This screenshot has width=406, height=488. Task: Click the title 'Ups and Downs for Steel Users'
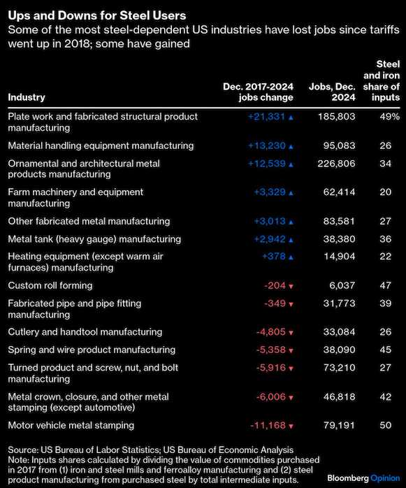pos(97,15)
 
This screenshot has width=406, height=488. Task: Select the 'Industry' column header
pos(27,97)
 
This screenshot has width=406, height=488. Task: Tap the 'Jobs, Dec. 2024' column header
pos(332,92)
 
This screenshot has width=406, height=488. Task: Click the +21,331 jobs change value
pos(267,117)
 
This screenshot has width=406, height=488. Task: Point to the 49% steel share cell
pos(389,117)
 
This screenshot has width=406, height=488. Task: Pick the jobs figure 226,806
pos(336,164)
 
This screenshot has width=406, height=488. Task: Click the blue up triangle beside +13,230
pos(291,146)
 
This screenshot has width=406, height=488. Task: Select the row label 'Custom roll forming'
pos(50,285)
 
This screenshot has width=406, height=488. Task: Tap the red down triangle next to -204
pos(291,287)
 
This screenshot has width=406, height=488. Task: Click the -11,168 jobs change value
pos(268,425)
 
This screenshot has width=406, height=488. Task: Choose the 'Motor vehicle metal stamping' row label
pos(71,425)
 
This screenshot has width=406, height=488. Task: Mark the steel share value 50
pos(386,425)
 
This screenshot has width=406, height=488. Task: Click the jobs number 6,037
pos(342,285)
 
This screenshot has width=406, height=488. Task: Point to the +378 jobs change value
pos(274,257)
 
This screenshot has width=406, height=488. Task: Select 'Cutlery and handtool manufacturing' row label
pos(85,332)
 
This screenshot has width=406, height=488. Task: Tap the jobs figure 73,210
pos(339,368)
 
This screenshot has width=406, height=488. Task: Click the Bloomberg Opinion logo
pos(363,478)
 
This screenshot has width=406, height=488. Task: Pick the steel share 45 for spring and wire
pos(386,350)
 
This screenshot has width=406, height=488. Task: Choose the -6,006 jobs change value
pos(270,397)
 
